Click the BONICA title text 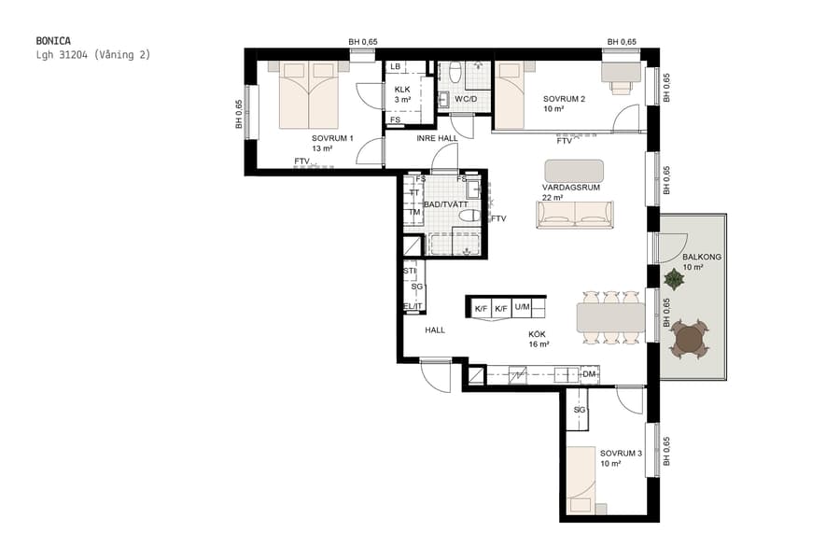54,41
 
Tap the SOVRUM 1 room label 332,138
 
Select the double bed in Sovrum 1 309,95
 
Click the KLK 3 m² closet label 402,94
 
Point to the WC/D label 467,98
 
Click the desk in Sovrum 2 621,72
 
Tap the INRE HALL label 437,139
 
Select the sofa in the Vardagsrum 574,215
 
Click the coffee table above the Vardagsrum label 574,171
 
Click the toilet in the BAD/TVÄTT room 469,216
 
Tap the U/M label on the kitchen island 523,307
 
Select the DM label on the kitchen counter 588,374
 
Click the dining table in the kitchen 611,318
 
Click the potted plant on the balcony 674,278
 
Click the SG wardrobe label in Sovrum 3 579,410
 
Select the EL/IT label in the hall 412,305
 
